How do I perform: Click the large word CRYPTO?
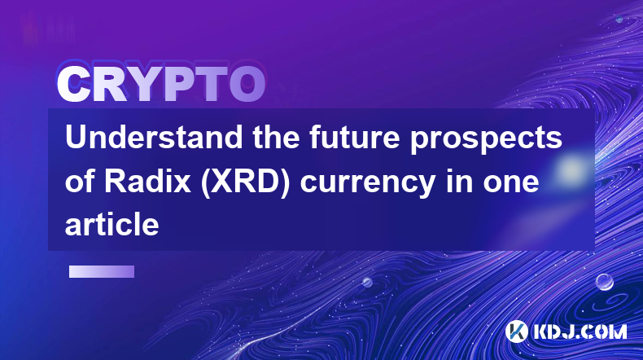161,84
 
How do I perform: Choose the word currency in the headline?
368,183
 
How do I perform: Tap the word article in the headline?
112,224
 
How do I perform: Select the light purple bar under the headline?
102,271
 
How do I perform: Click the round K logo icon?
516,331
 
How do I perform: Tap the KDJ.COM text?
580,331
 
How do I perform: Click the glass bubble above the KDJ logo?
605,282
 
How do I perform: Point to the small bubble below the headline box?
367,282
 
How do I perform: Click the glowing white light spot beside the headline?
571,169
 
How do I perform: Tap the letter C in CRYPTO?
74,85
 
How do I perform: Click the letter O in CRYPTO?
247,85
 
